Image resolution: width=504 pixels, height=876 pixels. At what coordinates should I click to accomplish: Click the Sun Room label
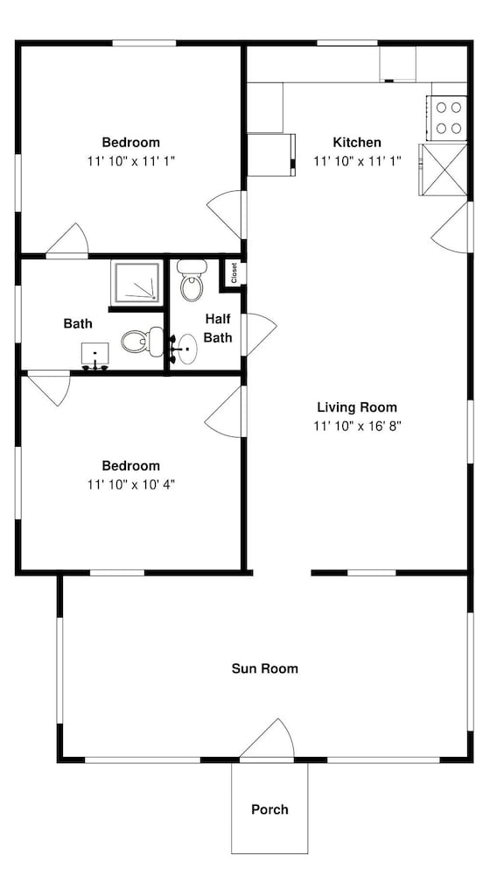tap(264, 668)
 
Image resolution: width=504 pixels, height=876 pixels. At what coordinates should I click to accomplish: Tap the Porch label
tap(269, 809)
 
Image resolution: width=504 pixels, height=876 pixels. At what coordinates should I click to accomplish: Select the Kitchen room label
tap(357, 142)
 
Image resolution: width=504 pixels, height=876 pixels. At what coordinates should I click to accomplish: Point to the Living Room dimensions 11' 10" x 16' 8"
tap(357, 426)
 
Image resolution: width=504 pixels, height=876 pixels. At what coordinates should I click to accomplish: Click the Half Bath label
tap(218, 328)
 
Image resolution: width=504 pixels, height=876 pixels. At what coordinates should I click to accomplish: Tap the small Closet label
tap(234, 273)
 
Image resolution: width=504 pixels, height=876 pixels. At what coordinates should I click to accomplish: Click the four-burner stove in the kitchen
tap(447, 118)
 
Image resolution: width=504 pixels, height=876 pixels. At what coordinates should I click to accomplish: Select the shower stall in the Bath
tap(137, 283)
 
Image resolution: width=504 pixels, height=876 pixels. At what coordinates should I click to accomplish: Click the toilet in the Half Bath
tap(192, 280)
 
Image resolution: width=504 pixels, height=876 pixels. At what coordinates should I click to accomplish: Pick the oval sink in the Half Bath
tap(185, 350)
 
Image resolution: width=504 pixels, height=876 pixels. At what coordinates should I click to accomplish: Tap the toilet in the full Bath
tap(143, 342)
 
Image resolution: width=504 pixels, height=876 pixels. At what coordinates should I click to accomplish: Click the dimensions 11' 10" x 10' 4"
tap(131, 484)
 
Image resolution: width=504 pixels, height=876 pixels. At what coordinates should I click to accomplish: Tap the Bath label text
tap(78, 323)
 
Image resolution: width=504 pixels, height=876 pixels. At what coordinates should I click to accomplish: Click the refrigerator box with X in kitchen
tap(443, 170)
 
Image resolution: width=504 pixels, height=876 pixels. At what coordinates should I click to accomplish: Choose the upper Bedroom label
tap(130, 142)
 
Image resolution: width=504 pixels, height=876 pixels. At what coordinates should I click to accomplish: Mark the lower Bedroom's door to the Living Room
tap(225, 412)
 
